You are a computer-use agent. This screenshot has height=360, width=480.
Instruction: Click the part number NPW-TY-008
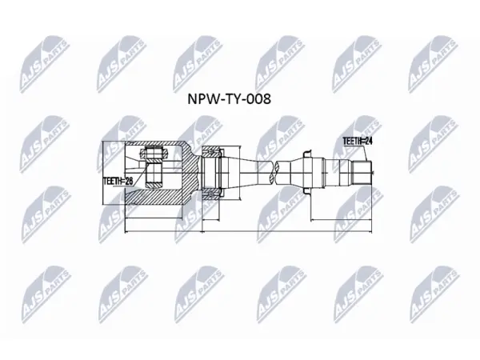(x=229, y=99)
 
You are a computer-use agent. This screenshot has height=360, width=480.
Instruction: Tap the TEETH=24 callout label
(x=358, y=141)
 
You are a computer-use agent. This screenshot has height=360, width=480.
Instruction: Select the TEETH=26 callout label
(x=118, y=181)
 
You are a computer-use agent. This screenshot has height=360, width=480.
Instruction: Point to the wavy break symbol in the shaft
(x=274, y=173)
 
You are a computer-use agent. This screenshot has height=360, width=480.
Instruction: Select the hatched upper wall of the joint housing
(x=159, y=147)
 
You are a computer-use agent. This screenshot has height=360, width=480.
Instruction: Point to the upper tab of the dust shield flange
(x=306, y=155)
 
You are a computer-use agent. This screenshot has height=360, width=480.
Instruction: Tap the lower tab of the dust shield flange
(x=306, y=190)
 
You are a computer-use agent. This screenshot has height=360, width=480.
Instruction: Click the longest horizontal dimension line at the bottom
(x=248, y=231)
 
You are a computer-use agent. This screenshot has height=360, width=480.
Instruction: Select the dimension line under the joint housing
(x=154, y=218)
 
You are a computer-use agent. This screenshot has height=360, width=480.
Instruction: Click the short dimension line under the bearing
(x=211, y=219)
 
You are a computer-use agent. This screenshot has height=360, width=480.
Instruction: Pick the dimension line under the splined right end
(x=342, y=219)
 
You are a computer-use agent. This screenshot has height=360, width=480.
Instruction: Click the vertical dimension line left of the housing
(x=104, y=173)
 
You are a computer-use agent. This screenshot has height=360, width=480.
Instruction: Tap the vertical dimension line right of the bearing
(x=239, y=173)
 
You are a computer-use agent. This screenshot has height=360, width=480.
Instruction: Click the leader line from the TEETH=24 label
(x=365, y=154)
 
